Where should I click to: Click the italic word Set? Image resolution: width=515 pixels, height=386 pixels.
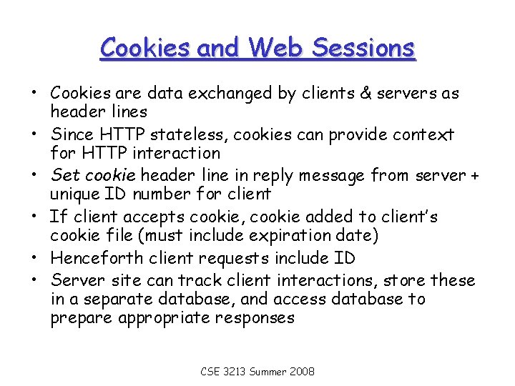[x=65, y=175]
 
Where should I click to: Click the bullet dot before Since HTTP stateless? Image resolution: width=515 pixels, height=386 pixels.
[x=34, y=134]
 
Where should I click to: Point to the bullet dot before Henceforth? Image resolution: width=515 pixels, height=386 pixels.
[x=34, y=257]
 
